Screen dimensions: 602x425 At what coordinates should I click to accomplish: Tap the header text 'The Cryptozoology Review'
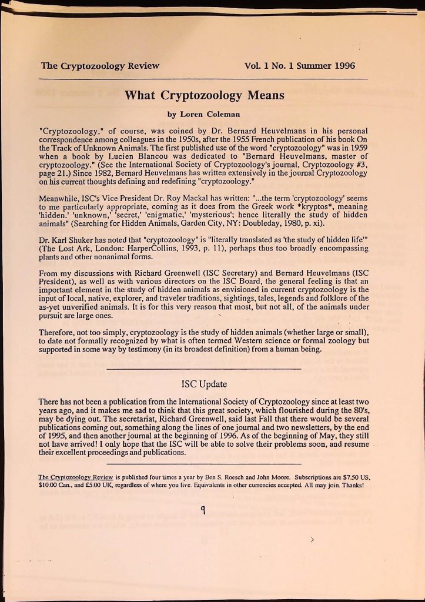point(100,66)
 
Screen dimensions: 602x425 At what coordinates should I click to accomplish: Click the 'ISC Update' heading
point(204,384)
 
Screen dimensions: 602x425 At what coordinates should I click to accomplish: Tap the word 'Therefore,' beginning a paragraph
point(59,332)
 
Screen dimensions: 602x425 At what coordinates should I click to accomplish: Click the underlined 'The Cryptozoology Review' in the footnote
point(76,478)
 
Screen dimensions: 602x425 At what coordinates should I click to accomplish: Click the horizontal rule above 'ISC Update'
point(204,368)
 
